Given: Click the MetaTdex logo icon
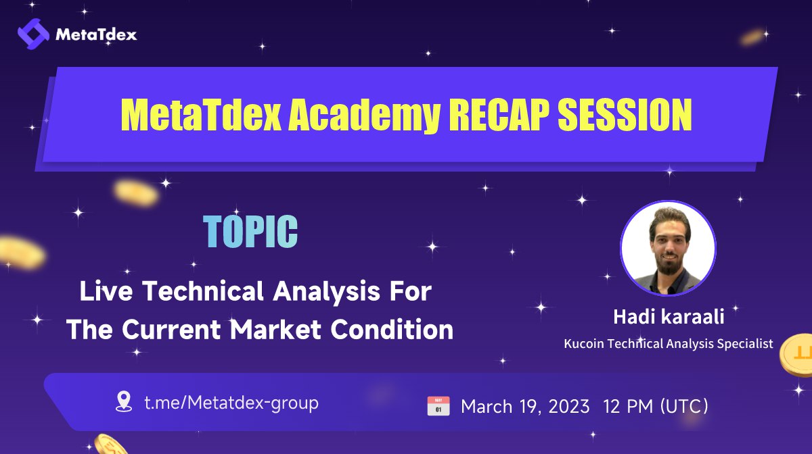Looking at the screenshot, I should (33, 33).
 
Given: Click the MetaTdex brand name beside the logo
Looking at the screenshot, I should (96, 34).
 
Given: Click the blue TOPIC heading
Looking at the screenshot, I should (251, 232).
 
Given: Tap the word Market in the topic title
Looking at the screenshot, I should (275, 329).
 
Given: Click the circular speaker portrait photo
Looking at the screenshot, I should (667, 249).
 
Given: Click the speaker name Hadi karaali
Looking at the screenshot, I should (667, 318).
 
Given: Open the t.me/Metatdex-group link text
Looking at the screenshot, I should (231, 403).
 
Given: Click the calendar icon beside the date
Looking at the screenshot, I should (438, 406).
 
